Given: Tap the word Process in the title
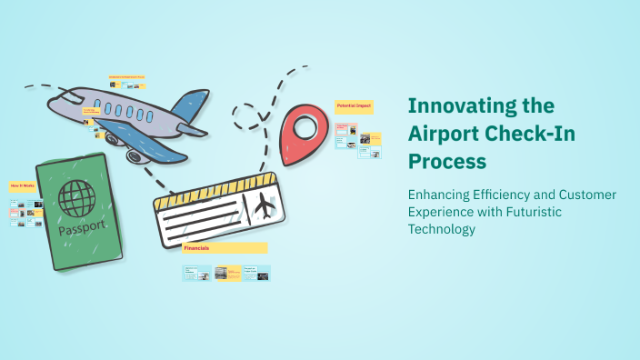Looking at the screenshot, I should pyautogui.click(x=446, y=162).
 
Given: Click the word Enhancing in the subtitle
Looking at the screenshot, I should pyautogui.click(x=441, y=195).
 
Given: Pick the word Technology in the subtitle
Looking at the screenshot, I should pyautogui.click(x=442, y=229).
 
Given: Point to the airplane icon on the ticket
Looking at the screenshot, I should pyautogui.click(x=265, y=205).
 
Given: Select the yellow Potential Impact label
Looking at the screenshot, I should pyautogui.click(x=354, y=106).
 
